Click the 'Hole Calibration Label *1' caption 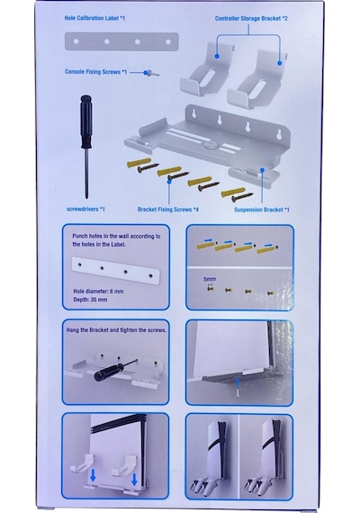94,18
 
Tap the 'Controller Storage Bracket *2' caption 251,18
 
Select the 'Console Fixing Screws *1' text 95,72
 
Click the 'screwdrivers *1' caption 85,209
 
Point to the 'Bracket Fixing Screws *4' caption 168,209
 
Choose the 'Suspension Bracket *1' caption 262,210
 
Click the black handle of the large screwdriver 85,121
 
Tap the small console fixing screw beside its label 152,73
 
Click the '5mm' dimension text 210,279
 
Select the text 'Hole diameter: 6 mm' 98,292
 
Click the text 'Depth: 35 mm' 90,300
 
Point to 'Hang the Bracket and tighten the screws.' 116,330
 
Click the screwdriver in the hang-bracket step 115,370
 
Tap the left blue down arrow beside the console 93,476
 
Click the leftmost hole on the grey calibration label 76,41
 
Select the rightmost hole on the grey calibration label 168,42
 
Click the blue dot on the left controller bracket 217,57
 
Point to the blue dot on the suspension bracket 262,169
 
